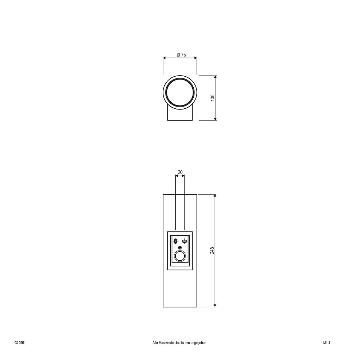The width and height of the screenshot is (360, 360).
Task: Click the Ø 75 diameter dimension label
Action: point(181,55)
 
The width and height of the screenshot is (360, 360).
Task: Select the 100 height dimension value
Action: point(213,98)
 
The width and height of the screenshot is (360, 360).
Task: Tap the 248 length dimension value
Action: point(212,251)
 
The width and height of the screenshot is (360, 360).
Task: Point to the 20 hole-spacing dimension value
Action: point(180,172)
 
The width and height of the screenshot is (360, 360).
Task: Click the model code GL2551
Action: point(20,336)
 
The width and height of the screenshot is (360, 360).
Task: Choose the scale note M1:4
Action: point(327,336)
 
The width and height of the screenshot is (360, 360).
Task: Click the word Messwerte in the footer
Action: point(165,336)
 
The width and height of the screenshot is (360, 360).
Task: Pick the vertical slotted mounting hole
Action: point(176,241)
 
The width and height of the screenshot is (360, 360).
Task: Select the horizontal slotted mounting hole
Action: point(184,241)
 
